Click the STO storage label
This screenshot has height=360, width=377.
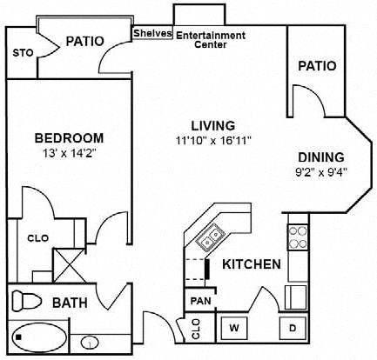click(x=24, y=53)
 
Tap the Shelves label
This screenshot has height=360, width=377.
click(x=152, y=34)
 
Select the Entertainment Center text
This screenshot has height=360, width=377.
click(x=211, y=40)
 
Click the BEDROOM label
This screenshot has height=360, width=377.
click(x=70, y=137)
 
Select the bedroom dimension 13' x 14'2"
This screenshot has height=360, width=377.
click(x=70, y=152)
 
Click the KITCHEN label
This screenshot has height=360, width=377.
click(x=251, y=264)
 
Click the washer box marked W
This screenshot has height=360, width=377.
click(x=232, y=329)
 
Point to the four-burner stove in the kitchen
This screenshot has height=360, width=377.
click(x=297, y=238)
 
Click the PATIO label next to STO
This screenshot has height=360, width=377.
click(x=85, y=41)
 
